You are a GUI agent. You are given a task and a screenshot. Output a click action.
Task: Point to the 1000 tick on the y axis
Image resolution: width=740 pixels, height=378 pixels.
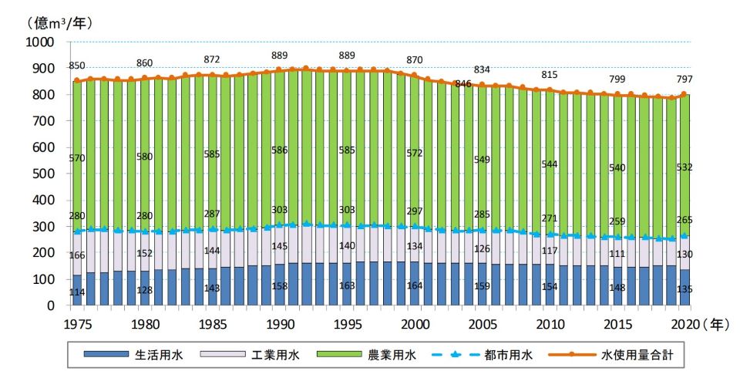[x=40, y=42]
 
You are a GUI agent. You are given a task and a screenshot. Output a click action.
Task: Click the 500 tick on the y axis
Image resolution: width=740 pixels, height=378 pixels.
[x=44, y=174]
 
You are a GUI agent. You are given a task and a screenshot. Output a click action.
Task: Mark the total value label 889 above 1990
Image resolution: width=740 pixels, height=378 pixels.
[x=280, y=55]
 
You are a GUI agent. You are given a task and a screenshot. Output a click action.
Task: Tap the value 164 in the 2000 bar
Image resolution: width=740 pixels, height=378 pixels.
[x=416, y=286]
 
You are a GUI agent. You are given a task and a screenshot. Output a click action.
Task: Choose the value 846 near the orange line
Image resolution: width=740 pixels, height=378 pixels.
[x=464, y=83]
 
